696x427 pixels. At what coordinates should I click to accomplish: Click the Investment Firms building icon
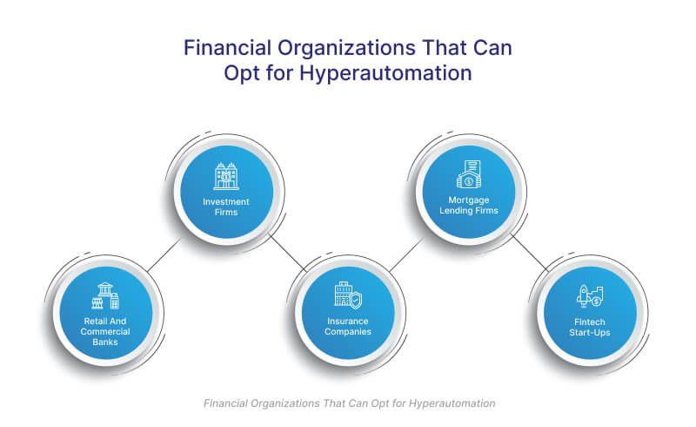click(226, 176)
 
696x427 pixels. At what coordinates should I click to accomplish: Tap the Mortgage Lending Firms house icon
click(469, 174)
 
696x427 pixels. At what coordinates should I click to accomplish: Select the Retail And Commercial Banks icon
click(105, 295)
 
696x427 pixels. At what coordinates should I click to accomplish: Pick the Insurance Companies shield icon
click(348, 295)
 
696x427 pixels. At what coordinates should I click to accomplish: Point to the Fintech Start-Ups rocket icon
click(590, 296)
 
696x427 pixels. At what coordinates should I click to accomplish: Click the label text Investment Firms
click(226, 207)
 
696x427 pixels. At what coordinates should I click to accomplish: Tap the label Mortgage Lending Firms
click(469, 205)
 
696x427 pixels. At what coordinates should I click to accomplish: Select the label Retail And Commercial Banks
click(105, 331)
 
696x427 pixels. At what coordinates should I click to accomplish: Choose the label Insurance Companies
click(348, 326)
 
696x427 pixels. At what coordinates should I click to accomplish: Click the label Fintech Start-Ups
click(590, 327)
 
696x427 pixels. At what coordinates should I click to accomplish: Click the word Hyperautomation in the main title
click(385, 73)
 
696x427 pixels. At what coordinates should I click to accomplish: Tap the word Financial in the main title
click(227, 48)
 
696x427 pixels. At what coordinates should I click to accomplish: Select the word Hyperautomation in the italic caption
click(452, 403)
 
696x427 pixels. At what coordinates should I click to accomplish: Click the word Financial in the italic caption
click(225, 403)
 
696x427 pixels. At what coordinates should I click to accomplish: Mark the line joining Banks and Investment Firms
click(164, 255)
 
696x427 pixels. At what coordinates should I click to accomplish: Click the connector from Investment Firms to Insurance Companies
click(288, 252)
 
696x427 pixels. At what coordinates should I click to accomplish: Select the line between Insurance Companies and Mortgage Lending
click(406, 254)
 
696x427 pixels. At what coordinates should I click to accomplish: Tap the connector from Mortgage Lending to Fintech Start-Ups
click(530, 252)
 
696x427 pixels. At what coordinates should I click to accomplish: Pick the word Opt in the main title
click(242, 74)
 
